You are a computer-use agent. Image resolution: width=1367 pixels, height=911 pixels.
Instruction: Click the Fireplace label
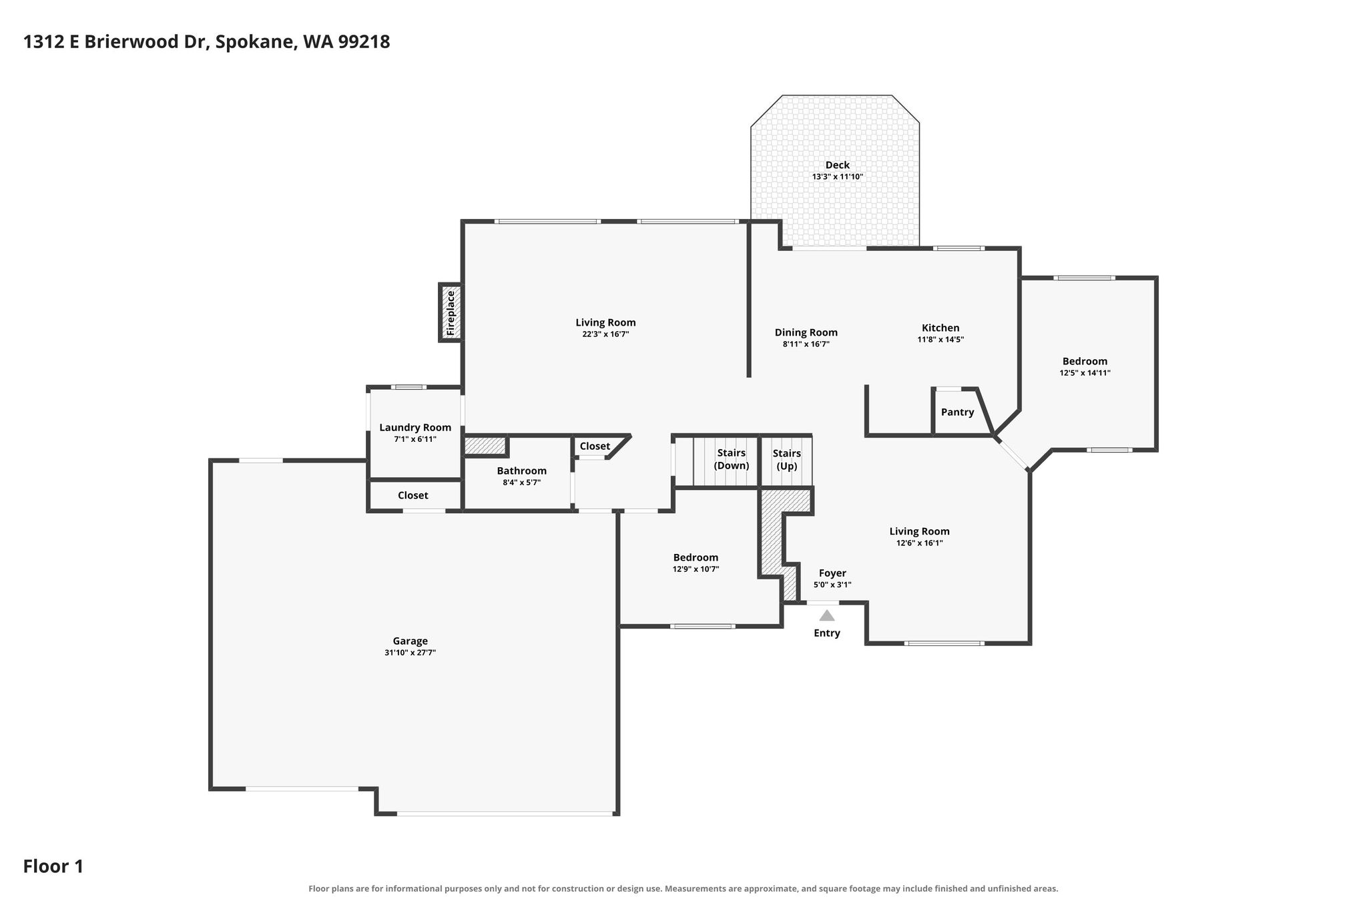451,312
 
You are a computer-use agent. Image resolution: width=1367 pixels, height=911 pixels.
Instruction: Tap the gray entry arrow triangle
827,615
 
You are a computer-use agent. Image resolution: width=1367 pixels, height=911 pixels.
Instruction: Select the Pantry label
957,412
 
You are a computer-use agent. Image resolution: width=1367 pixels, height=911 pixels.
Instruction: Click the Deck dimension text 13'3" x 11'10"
837,177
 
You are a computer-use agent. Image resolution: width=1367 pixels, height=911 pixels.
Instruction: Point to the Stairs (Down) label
732,459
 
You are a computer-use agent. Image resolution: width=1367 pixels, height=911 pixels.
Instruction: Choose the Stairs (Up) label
787,460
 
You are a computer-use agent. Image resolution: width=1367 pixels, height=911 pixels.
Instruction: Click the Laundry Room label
415,428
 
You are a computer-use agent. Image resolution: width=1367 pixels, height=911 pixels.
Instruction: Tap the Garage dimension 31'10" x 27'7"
410,653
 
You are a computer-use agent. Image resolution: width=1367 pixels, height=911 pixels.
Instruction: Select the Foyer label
832,573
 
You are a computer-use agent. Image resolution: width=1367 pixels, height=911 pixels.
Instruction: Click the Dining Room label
806,332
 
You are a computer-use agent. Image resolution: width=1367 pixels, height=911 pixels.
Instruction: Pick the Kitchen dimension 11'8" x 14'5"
940,339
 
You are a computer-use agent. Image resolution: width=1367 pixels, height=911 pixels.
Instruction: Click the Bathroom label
521,471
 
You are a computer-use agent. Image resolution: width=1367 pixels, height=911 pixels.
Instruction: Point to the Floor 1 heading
53,866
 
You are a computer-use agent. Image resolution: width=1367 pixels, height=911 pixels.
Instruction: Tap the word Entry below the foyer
827,633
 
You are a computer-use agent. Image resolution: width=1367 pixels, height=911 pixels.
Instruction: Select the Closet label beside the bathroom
595,446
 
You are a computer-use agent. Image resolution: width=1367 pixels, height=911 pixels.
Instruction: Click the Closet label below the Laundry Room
413,495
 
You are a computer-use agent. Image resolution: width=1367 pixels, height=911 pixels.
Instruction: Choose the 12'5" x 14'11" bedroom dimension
1085,373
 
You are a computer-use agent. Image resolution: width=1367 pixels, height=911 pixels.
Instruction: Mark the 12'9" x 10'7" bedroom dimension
696,569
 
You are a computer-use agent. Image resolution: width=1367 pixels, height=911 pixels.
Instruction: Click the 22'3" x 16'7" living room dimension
605,334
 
